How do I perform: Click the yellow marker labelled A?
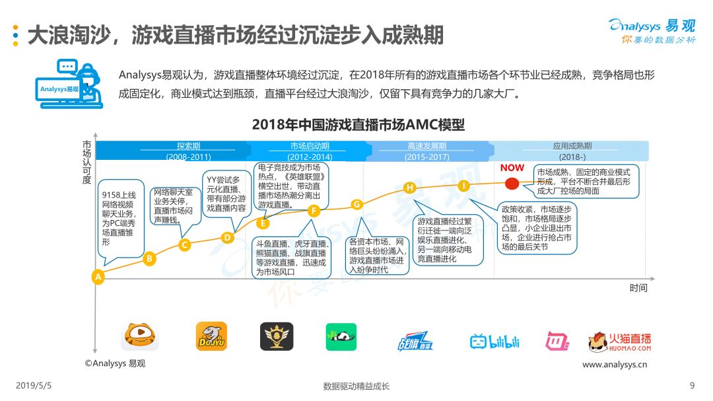click(x=98, y=277)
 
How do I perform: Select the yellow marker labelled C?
click(x=185, y=245)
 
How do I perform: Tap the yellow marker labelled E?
click(x=263, y=223)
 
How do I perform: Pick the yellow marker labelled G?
click(x=357, y=204)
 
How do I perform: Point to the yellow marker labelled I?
click(x=463, y=186)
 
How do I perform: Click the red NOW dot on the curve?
click(x=512, y=184)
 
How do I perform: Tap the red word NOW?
click(x=512, y=168)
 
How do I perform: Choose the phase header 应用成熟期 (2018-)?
click(x=571, y=151)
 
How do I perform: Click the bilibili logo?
click(x=494, y=342)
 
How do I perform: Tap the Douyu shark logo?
click(x=211, y=336)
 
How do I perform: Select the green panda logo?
click(x=341, y=337)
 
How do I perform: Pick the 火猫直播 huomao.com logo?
click(x=619, y=342)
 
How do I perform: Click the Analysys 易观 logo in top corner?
click(x=652, y=30)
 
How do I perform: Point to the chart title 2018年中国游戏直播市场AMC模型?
click(x=358, y=125)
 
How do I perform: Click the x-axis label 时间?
click(x=638, y=287)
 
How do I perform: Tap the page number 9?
click(x=692, y=386)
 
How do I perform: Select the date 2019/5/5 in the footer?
click(x=34, y=386)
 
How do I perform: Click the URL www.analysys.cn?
click(x=615, y=364)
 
